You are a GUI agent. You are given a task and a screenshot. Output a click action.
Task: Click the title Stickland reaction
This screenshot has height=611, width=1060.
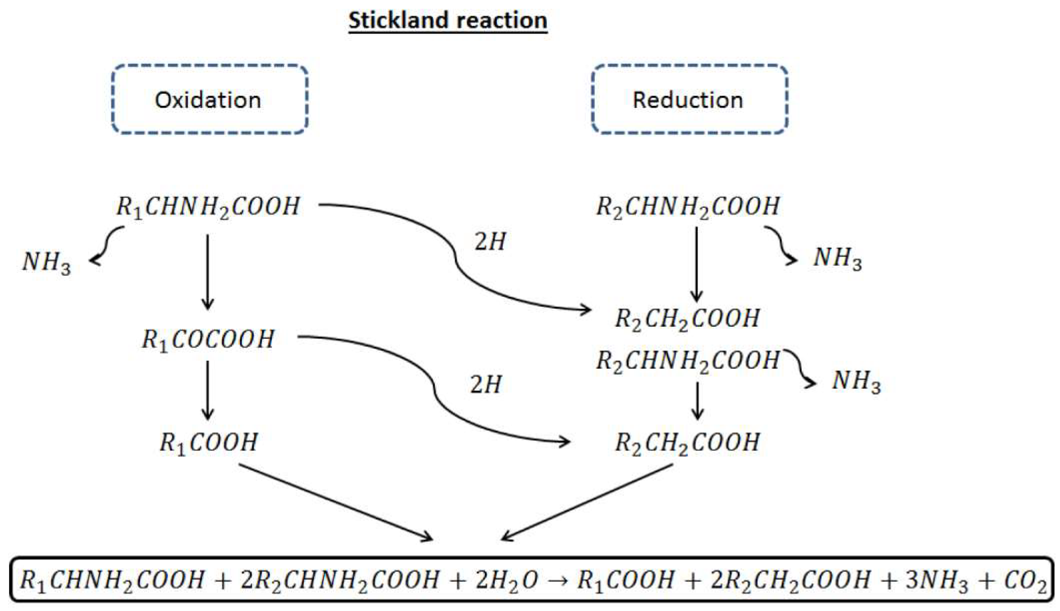tap(448, 20)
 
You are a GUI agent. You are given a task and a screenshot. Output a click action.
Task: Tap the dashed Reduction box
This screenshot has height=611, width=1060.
tap(689, 100)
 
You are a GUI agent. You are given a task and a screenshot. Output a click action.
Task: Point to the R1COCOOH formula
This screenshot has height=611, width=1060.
tap(208, 339)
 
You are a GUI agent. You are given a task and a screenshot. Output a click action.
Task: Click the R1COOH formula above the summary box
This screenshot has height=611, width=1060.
tap(208, 442)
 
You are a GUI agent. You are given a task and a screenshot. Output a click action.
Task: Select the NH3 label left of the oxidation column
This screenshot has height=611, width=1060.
tap(46, 262)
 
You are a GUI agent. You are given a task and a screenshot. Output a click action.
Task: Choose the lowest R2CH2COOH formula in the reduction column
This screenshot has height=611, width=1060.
tap(687, 442)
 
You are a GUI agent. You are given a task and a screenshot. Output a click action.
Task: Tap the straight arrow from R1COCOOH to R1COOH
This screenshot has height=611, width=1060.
tap(208, 390)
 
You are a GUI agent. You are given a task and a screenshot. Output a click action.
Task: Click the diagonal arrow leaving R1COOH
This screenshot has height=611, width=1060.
tap(336, 502)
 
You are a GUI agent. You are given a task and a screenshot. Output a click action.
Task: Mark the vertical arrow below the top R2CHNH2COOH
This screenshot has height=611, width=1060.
tap(696, 264)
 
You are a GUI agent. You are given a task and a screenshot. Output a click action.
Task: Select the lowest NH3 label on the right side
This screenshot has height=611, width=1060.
tap(856, 382)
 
